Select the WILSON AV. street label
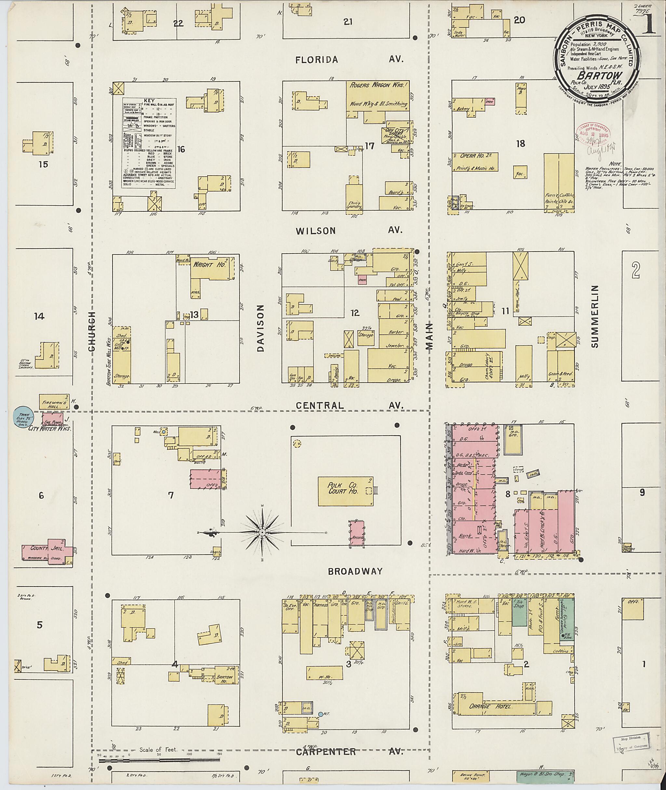[x=349, y=230]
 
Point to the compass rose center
[x=262, y=532]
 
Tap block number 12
[x=355, y=313]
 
